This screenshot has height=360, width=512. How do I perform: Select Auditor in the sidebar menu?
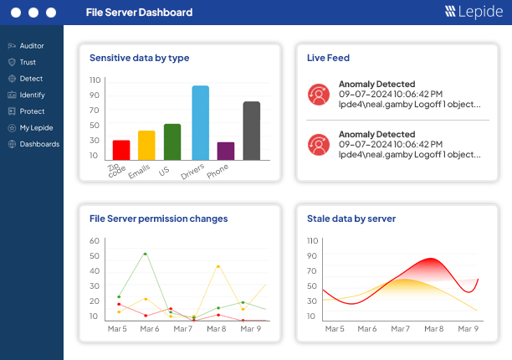pyautogui.click(x=31, y=46)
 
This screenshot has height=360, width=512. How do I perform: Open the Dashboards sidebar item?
pyautogui.click(x=39, y=144)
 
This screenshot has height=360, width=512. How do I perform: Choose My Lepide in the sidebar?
pyautogui.click(x=36, y=127)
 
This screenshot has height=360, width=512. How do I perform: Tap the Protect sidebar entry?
pyautogui.click(x=32, y=111)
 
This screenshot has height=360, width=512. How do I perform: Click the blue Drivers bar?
pyautogui.click(x=201, y=122)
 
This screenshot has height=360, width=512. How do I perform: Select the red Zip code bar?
pyautogui.click(x=121, y=150)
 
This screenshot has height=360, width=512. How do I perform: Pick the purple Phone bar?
pyautogui.click(x=226, y=151)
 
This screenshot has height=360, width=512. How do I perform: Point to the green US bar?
pyautogui.click(x=172, y=141)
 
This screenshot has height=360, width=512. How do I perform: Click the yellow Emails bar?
pyautogui.click(x=146, y=145)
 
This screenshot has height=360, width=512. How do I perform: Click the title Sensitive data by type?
pyautogui.click(x=139, y=58)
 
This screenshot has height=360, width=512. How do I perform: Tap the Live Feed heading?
pyautogui.click(x=328, y=58)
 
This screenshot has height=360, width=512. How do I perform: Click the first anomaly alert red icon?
pyautogui.click(x=318, y=95)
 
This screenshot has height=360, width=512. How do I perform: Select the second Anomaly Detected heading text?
pyautogui.click(x=376, y=134)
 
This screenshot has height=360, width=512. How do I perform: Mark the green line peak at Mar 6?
pyautogui.click(x=146, y=254)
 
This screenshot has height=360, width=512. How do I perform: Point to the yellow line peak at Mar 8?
pyautogui.click(x=218, y=266)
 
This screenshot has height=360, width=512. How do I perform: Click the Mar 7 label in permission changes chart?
pyautogui.click(x=183, y=329)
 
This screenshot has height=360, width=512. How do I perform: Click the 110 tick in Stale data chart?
pyautogui.click(x=312, y=241)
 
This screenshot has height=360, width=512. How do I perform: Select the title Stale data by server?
pyautogui.click(x=351, y=219)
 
